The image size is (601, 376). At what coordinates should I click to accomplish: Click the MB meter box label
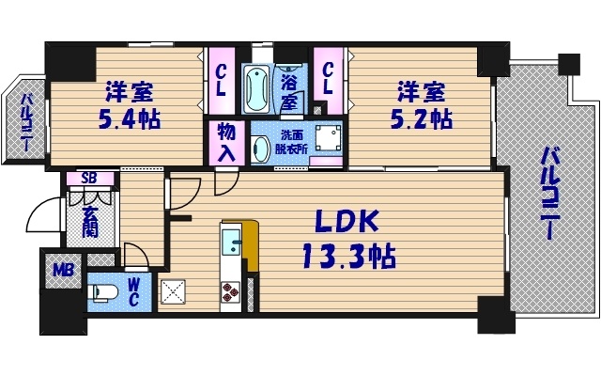[x=62, y=271]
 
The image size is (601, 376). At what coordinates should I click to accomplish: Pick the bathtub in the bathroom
[x=254, y=87]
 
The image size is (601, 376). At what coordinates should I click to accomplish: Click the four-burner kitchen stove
[x=230, y=296]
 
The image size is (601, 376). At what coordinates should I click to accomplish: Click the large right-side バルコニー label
[x=549, y=193]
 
